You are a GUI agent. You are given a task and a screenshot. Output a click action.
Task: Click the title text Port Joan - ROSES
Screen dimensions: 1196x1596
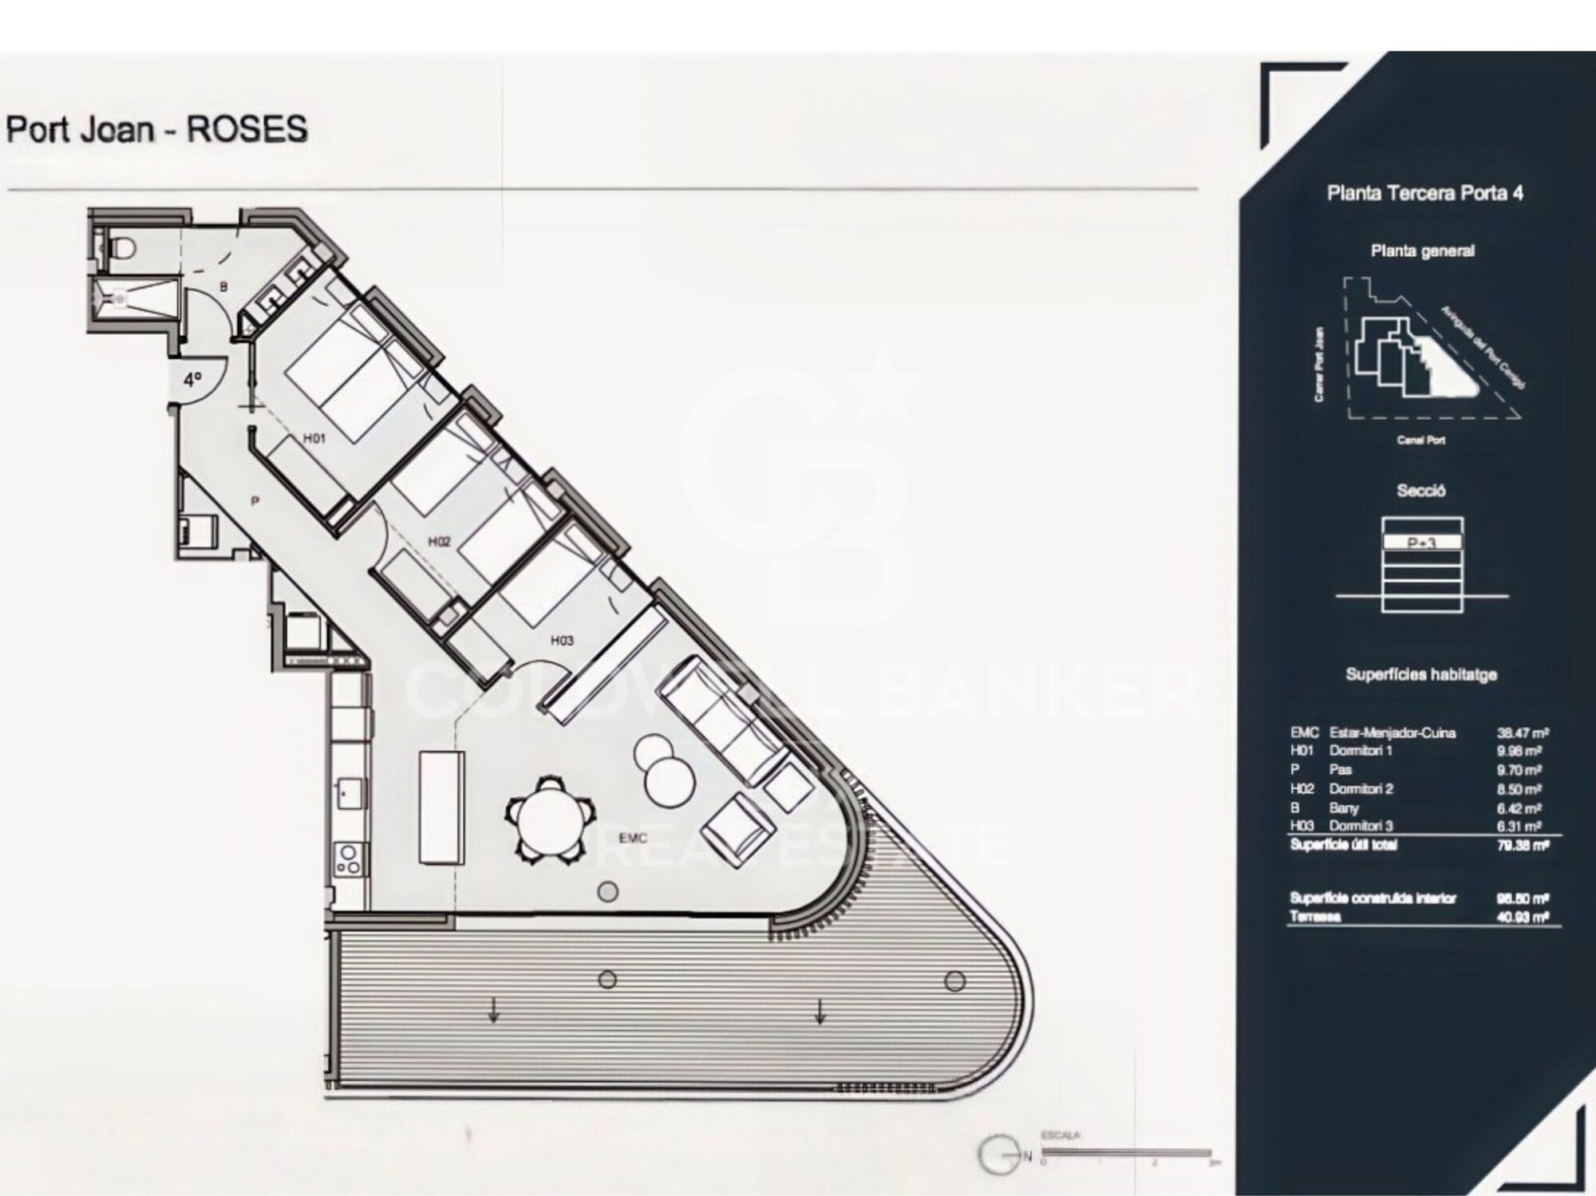coord(156,129)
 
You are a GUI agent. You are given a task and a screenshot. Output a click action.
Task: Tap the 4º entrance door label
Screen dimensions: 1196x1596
coord(193,380)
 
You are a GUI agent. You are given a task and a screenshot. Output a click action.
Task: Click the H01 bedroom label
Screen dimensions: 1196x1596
coord(314,438)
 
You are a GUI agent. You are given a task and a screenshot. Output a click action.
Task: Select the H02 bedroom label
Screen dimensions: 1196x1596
coord(439,542)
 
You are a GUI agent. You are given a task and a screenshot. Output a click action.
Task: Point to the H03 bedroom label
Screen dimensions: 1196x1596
coord(562,640)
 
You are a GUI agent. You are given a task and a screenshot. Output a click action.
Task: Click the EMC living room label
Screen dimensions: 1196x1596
coord(632,838)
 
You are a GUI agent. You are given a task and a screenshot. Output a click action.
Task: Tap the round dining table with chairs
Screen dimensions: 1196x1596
coord(550,819)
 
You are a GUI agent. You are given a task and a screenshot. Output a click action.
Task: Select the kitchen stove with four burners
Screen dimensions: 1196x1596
coord(349,859)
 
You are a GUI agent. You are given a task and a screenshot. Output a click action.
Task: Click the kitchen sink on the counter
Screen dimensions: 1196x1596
coord(349,794)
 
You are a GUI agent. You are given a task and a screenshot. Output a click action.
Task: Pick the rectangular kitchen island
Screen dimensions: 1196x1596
coord(441,807)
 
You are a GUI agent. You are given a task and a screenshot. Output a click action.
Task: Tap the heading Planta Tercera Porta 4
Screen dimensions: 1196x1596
coord(1424,193)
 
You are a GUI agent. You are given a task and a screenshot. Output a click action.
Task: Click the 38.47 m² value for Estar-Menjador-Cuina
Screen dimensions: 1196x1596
coord(1523,732)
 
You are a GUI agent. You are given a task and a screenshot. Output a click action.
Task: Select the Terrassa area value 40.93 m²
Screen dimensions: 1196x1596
coord(1523,918)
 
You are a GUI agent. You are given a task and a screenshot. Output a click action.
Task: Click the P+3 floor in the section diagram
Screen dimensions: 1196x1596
coord(1422,543)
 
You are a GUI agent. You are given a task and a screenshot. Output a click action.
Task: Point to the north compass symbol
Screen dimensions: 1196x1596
coord(1001,1155)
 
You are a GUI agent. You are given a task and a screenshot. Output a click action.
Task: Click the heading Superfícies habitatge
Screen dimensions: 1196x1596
coord(1421,675)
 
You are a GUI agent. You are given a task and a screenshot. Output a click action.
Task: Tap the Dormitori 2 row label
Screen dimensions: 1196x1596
coord(1361,789)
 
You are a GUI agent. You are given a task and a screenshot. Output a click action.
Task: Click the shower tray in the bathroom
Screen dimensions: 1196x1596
coord(132,298)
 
